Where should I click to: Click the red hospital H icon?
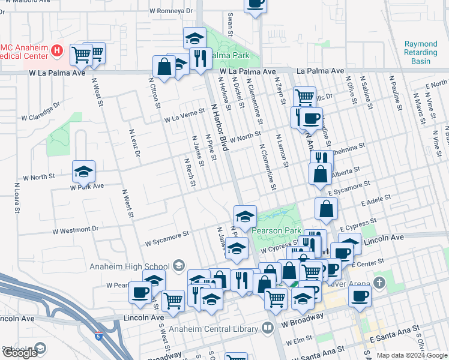pyautogui.click(x=58, y=50)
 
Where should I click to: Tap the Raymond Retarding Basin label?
pyautogui.click(x=421, y=53)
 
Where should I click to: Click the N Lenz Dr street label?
pyautogui.click(x=134, y=144)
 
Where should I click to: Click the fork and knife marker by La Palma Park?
pyautogui.click(x=200, y=58)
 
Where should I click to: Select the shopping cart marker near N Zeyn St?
pyautogui.click(x=304, y=96)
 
